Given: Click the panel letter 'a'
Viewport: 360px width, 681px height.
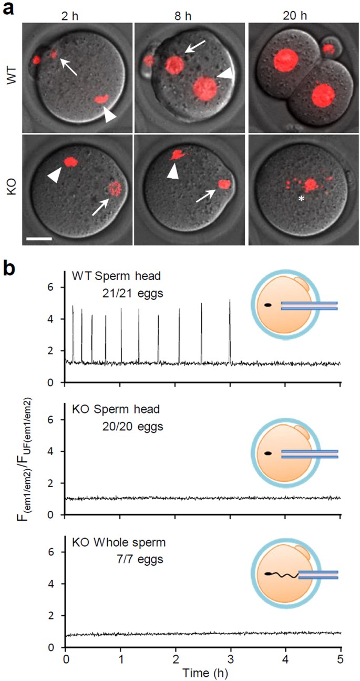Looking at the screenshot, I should pos(8,9).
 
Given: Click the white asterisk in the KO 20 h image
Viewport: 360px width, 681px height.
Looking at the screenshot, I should pos(296,199).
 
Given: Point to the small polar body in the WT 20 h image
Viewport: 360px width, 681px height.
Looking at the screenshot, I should pos(329,49).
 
